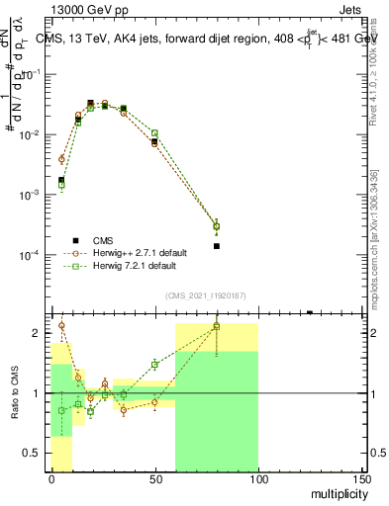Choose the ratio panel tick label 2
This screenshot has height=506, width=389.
[38, 333]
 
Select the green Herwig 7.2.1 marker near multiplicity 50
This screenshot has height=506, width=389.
[154, 132]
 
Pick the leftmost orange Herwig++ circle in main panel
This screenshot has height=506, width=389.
[61, 158]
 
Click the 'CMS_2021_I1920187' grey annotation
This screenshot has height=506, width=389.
[206, 295]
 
